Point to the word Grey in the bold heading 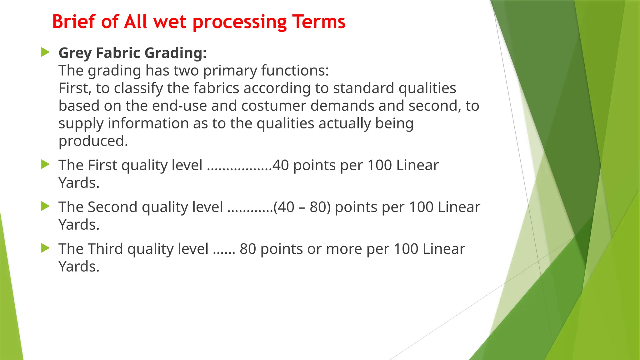[x=75, y=53]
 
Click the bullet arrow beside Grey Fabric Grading [x=45, y=52]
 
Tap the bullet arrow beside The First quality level [x=45, y=164]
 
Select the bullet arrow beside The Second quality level [x=45, y=206]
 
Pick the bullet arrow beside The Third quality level [x=45, y=248]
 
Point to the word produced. [x=93, y=141]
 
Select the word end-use [x=179, y=106]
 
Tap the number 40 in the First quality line [x=280, y=165]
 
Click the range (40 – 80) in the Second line [x=302, y=207]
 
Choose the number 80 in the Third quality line [x=248, y=249]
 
